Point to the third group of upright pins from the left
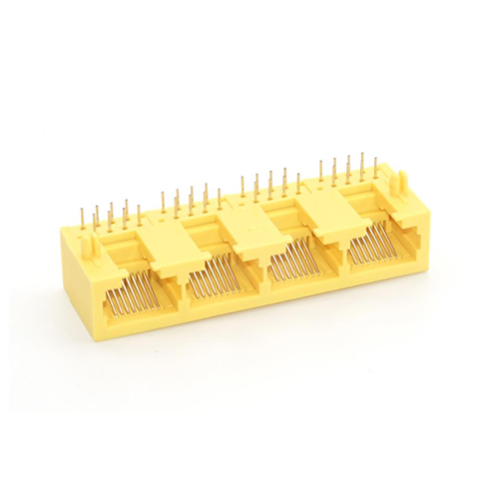pos(268,184)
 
